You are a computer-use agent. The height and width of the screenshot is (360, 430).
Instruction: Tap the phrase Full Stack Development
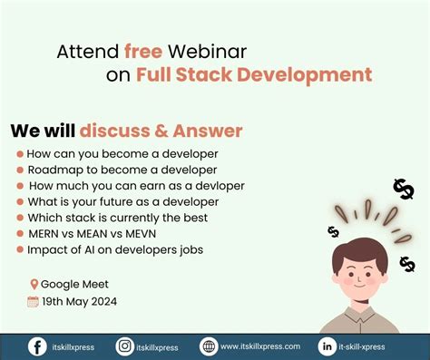click(254, 74)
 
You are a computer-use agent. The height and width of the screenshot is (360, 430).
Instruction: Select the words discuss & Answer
click(161, 131)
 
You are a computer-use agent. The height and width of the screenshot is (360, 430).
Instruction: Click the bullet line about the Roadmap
click(122, 170)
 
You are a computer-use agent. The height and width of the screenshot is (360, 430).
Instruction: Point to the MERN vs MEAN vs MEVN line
click(99, 233)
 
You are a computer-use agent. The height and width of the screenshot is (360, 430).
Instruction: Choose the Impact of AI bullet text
click(115, 249)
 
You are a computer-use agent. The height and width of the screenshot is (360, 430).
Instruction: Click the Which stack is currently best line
click(117, 218)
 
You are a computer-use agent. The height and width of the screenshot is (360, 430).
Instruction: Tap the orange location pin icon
click(34, 284)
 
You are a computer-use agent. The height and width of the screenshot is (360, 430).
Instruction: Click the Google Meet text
click(74, 284)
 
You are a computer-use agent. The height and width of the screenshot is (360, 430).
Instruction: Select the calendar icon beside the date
click(33, 301)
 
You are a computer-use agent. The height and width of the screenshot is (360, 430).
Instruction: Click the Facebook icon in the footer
click(37, 346)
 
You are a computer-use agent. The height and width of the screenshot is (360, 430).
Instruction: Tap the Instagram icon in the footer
click(124, 346)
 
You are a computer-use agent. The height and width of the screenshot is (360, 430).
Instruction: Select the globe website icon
click(209, 346)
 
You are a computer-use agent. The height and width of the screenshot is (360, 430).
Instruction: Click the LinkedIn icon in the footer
click(327, 346)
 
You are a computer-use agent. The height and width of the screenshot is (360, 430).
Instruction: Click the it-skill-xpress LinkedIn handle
click(369, 346)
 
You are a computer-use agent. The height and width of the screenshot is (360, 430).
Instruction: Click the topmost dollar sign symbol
click(403, 189)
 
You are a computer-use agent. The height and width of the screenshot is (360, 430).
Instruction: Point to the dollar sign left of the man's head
click(333, 232)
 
